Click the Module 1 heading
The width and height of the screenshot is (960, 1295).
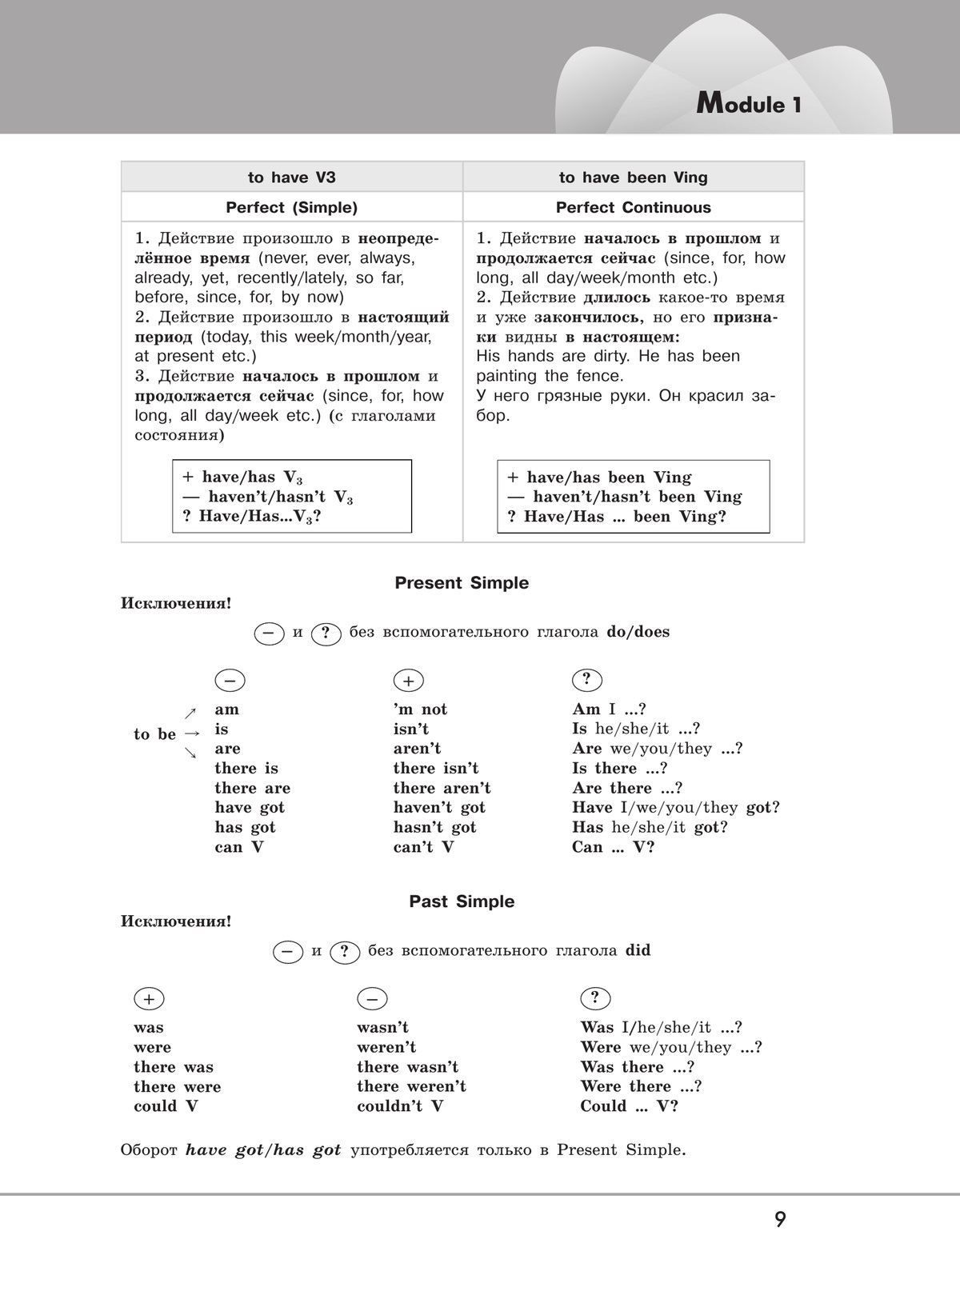(x=748, y=104)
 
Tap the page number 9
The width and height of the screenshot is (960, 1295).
(x=780, y=1220)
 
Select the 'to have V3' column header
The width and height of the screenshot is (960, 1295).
(x=291, y=178)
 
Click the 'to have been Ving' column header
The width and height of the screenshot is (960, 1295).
(x=633, y=178)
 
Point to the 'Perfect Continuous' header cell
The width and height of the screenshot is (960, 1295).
(x=633, y=208)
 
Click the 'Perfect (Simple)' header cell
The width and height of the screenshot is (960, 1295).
(x=291, y=208)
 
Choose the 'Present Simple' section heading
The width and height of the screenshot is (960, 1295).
(x=462, y=583)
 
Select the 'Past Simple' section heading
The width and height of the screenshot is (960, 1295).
(x=462, y=901)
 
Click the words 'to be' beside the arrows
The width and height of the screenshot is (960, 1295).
(x=154, y=734)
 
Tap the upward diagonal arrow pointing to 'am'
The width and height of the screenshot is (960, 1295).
(x=190, y=713)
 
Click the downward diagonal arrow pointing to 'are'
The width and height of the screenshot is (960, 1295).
(x=190, y=753)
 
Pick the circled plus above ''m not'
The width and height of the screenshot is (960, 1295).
(x=409, y=681)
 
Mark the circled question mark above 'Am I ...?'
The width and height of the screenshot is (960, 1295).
(x=587, y=680)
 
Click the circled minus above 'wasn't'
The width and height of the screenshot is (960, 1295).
(x=372, y=999)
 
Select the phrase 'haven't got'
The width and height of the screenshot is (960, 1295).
(x=439, y=808)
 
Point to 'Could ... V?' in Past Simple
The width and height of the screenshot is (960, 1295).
(x=629, y=1106)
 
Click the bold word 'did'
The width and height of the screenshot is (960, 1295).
(x=638, y=951)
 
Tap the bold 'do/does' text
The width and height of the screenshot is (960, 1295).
(x=638, y=632)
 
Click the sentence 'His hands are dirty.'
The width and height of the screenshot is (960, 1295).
(x=554, y=357)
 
